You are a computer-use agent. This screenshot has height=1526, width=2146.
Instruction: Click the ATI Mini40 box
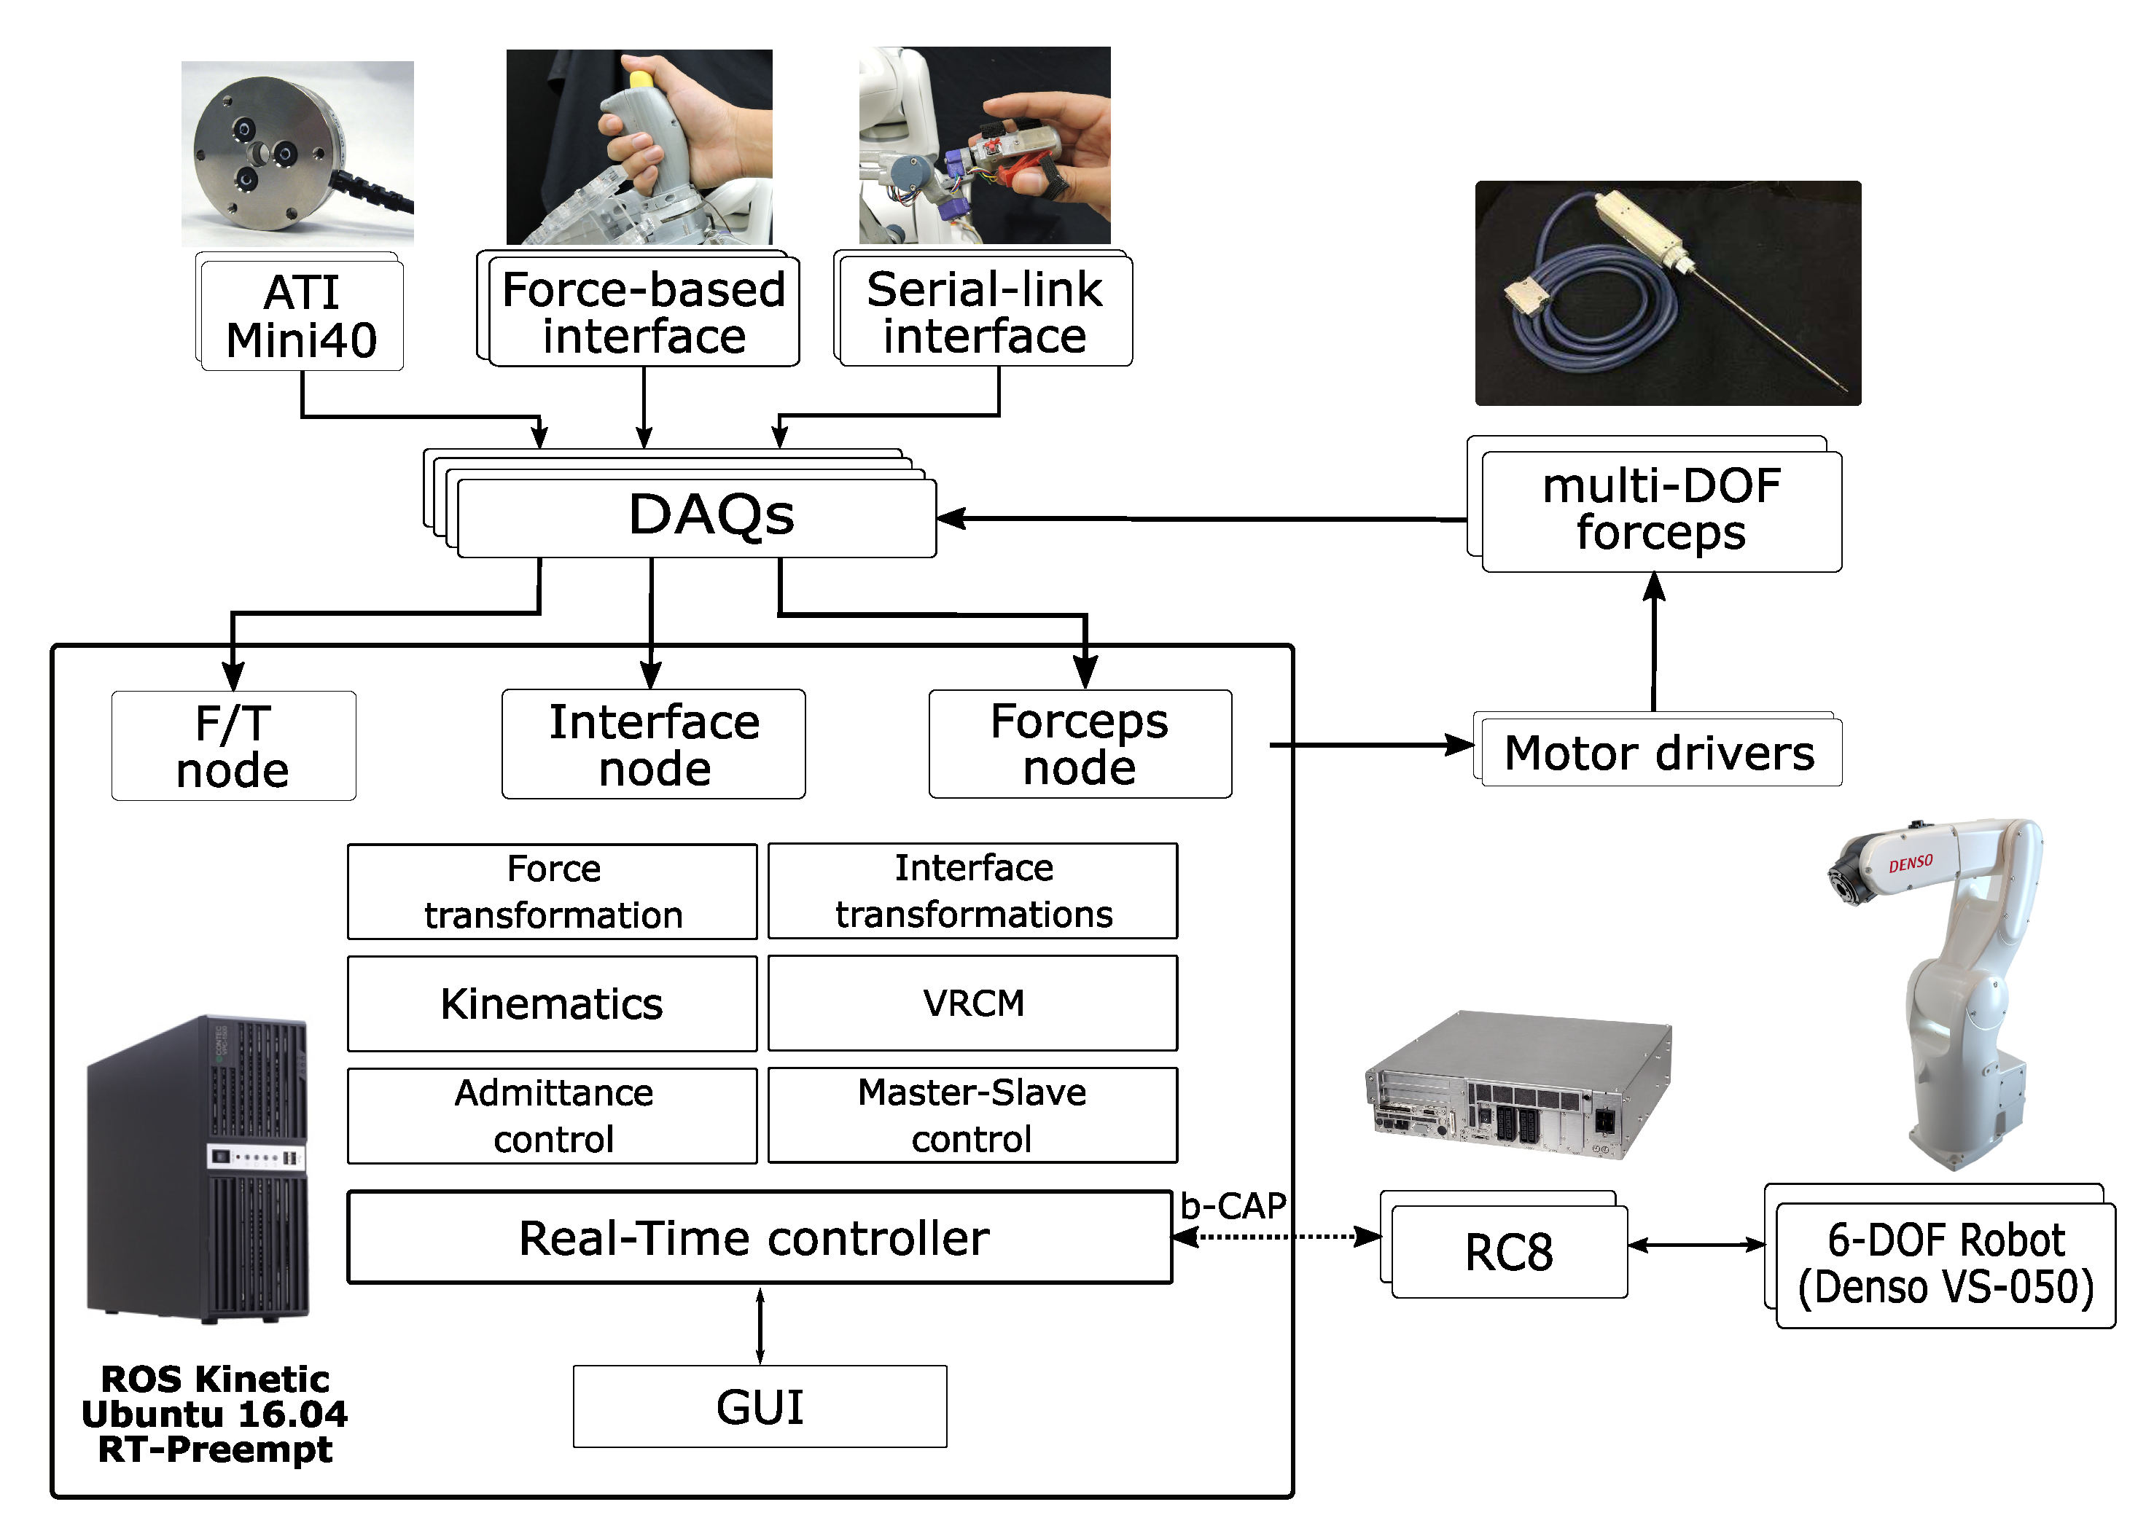(x=301, y=316)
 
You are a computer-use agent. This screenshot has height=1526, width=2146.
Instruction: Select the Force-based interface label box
(x=643, y=312)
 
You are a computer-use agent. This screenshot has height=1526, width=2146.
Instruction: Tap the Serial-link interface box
(x=984, y=312)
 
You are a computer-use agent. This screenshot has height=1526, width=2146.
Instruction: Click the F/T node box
(x=233, y=746)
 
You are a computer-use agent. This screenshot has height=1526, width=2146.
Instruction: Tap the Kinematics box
(x=552, y=1003)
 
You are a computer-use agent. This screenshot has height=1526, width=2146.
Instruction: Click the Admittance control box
(x=552, y=1116)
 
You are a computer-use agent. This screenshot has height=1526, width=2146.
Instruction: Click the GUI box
(x=760, y=1406)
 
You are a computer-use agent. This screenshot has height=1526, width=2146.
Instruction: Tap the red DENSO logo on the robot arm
(x=1910, y=863)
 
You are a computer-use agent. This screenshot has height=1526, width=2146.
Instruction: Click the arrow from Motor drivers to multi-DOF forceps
(x=1653, y=643)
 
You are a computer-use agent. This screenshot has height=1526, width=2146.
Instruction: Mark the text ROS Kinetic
(x=215, y=1380)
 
